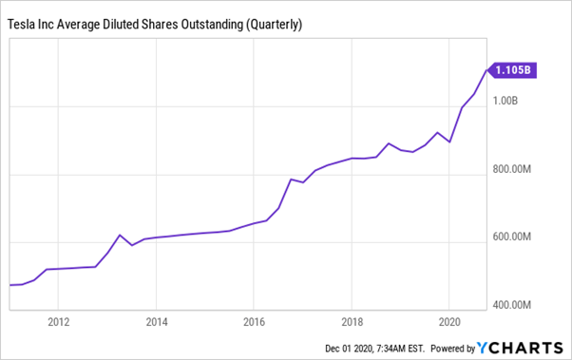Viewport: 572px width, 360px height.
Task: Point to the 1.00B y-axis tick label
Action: click(x=510, y=100)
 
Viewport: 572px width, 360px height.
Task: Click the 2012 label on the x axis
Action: click(x=59, y=320)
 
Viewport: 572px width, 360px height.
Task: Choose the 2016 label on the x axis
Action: click(x=254, y=320)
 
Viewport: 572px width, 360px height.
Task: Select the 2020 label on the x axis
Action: click(x=449, y=320)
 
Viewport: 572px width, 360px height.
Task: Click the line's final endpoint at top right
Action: click(x=486, y=68)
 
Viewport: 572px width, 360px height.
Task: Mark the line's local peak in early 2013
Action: click(x=120, y=235)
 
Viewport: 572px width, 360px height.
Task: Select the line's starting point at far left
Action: click(x=10, y=285)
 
